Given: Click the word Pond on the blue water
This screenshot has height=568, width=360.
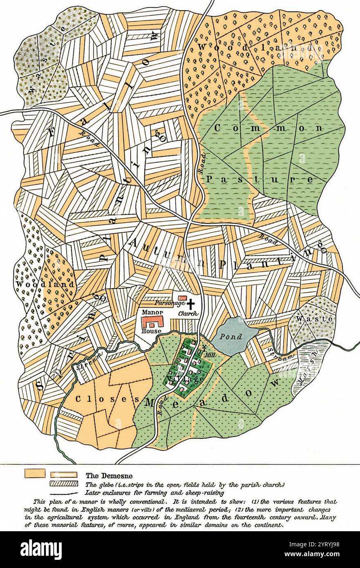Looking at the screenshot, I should coord(231,337).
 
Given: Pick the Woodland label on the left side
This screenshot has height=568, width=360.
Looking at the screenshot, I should coord(46,284).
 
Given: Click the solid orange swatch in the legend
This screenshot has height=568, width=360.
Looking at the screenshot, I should coord(35,474).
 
